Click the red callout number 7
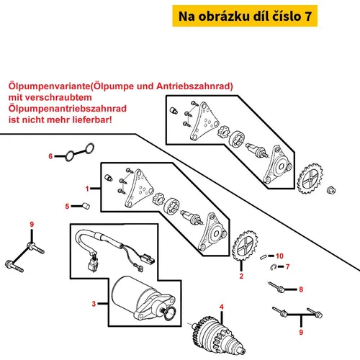pos(287,266)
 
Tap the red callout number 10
pos(279,256)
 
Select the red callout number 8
pos(301,289)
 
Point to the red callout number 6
pos(50,156)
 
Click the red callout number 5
pos(67,206)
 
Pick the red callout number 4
pos(222,307)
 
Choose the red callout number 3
pos(94,304)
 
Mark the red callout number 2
pos(241,276)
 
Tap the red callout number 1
pos(87,189)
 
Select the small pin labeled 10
pos(264,257)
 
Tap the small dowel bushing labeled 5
pos(86,206)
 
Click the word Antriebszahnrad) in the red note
pos(194,86)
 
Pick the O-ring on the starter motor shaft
pos(170,313)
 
